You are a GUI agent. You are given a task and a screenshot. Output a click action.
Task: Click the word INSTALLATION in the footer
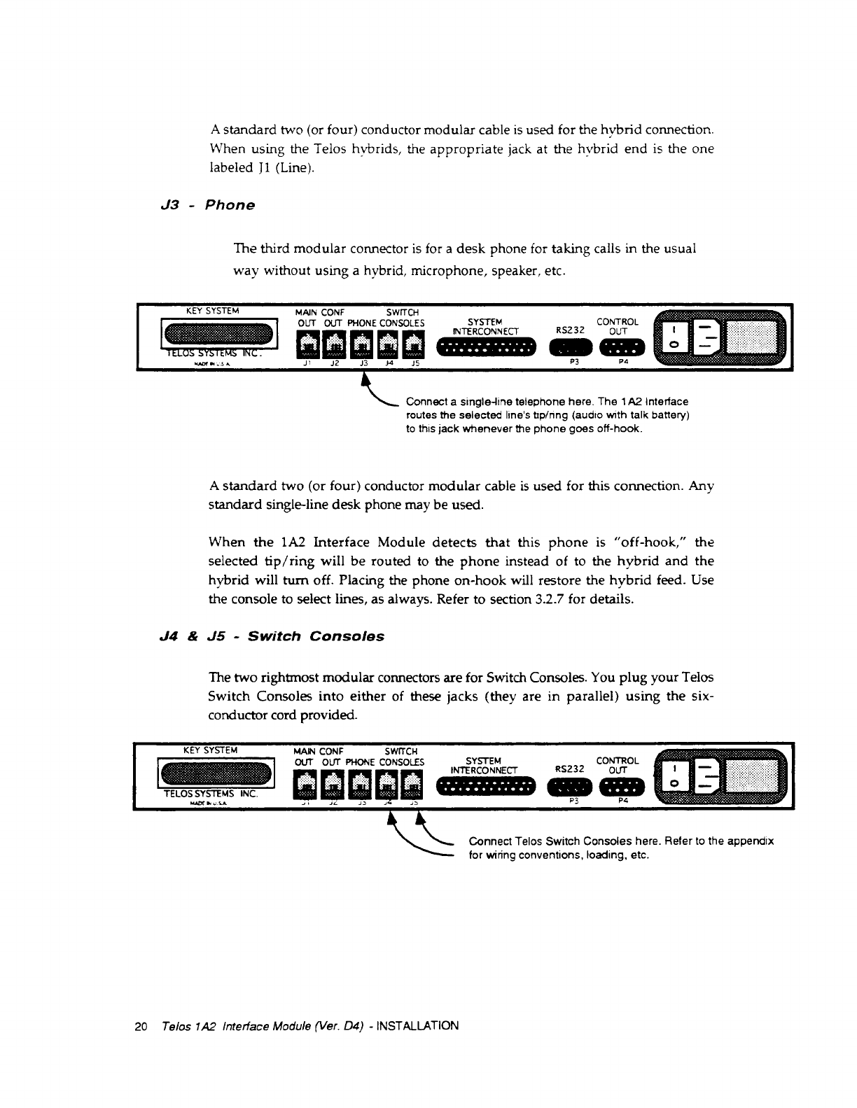(417, 1027)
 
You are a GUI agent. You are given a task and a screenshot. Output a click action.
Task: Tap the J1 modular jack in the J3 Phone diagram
(308, 343)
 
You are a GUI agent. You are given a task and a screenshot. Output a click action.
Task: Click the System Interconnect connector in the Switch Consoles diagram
(486, 784)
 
